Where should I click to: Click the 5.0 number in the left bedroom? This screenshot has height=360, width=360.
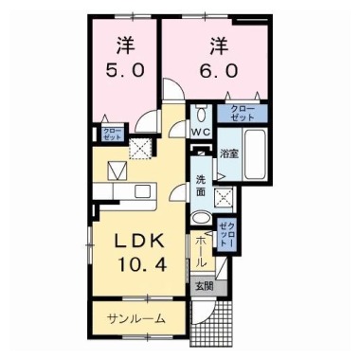click(x=128, y=73)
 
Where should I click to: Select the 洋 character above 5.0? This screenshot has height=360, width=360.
click(x=127, y=45)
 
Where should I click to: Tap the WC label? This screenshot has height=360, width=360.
click(x=202, y=132)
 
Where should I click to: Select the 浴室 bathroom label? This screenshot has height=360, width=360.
click(x=228, y=153)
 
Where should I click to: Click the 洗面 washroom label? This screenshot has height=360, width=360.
click(x=201, y=186)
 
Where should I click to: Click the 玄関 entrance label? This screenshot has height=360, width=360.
click(x=206, y=284)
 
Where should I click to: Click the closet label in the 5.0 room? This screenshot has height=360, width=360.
click(x=110, y=135)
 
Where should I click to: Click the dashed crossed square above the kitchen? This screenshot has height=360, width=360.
click(x=140, y=148)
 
